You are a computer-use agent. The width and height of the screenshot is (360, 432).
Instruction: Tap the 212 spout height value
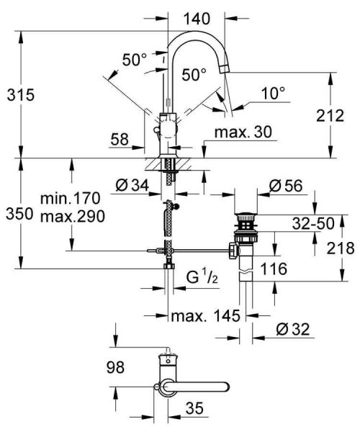click(x=331, y=115)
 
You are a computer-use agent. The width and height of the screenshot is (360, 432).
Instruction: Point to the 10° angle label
click(x=272, y=93)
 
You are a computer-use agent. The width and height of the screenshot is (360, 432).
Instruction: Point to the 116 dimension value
click(x=274, y=269)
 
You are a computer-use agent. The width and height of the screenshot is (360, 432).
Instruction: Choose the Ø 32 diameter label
click(x=292, y=330)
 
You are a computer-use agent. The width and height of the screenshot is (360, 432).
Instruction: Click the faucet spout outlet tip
click(x=225, y=68)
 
